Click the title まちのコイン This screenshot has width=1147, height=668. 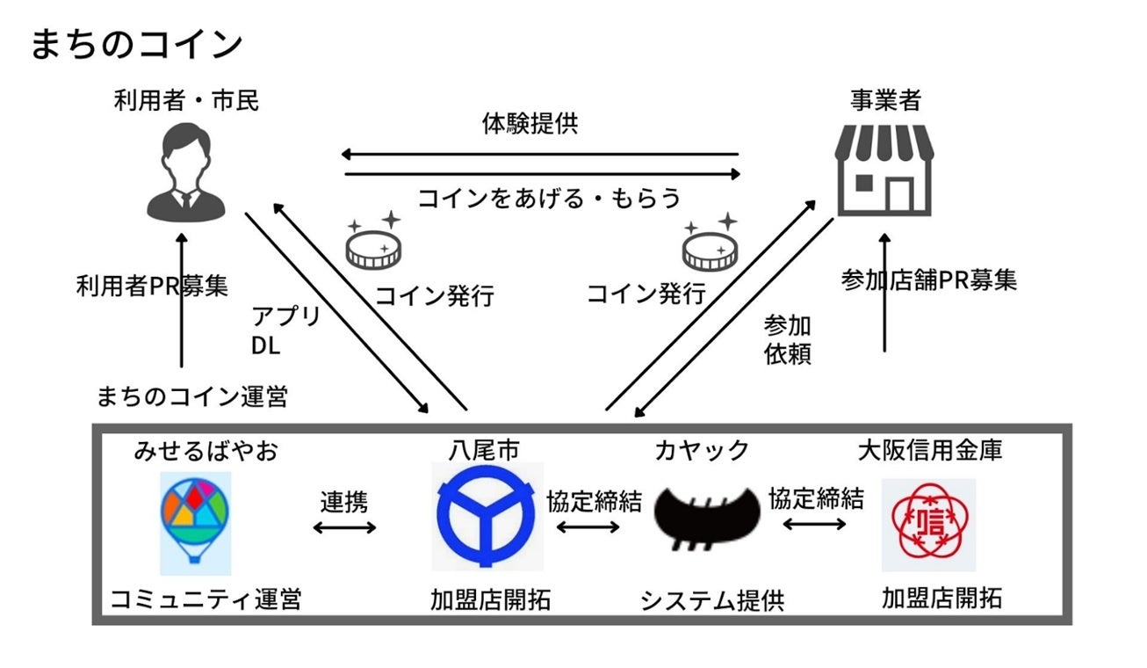(x=136, y=44)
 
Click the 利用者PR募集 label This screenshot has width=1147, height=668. (x=152, y=287)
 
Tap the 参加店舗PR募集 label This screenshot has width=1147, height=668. (x=929, y=280)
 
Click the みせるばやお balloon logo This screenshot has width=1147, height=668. (x=195, y=522)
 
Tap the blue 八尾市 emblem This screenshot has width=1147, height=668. (x=487, y=518)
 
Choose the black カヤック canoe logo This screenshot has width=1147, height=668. (x=708, y=518)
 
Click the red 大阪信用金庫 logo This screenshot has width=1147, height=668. (x=928, y=525)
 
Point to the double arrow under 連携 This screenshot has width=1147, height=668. (x=344, y=527)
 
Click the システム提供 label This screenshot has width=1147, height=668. (x=711, y=601)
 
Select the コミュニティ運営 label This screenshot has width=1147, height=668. (x=206, y=600)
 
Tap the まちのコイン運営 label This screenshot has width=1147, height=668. (x=191, y=396)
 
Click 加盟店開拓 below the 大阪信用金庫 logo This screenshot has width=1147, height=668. (x=941, y=599)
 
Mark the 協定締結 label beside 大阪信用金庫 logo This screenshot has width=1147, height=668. (x=816, y=499)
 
